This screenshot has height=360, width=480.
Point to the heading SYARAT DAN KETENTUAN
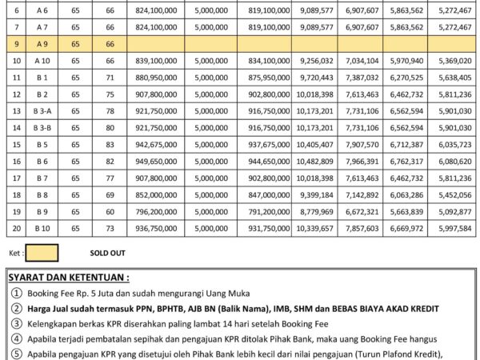68,278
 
